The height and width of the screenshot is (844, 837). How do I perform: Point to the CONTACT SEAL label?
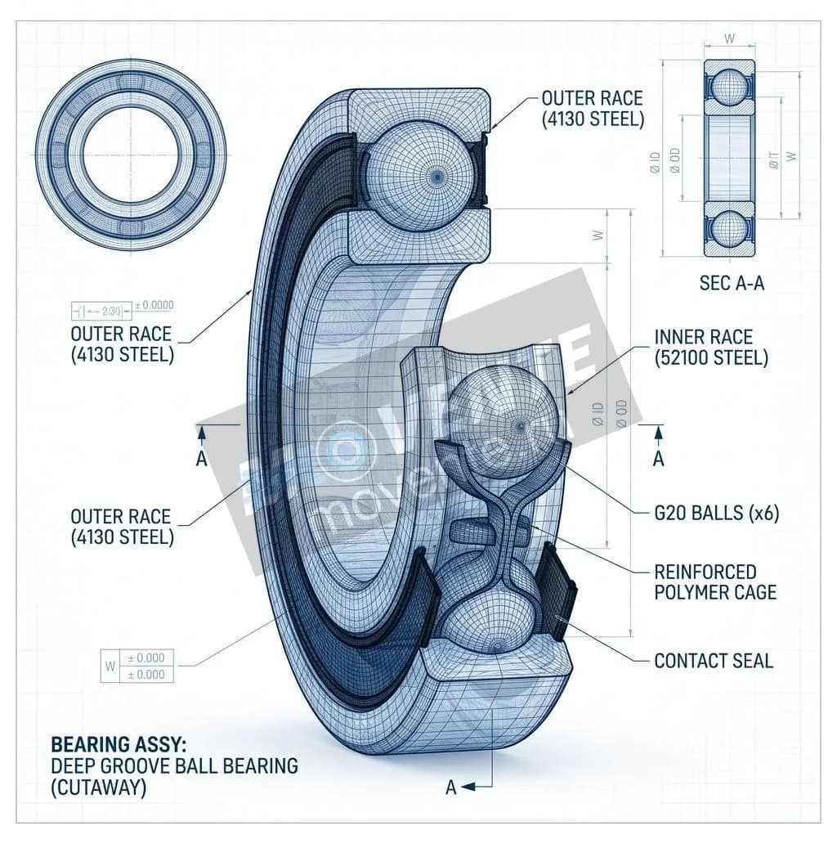pos(714,661)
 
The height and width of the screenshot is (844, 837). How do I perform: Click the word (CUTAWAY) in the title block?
pos(99,788)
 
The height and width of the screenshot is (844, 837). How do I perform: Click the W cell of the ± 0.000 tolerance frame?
pos(109,666)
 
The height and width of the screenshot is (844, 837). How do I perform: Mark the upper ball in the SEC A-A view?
pos(729,88)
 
